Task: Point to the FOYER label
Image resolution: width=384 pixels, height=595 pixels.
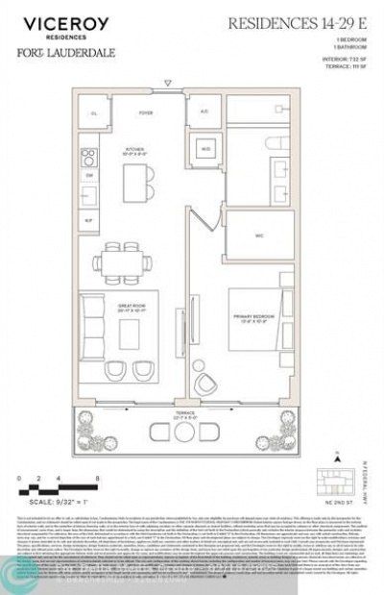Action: [x=146, y=112]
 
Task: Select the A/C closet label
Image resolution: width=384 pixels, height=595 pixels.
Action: [x=204, y=112]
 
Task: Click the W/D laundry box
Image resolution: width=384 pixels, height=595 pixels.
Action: [x=205, y=148]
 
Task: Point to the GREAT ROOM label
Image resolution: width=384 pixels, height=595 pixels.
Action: [x=129, y=308]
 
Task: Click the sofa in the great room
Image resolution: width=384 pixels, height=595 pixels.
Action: [x=92, y=324]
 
